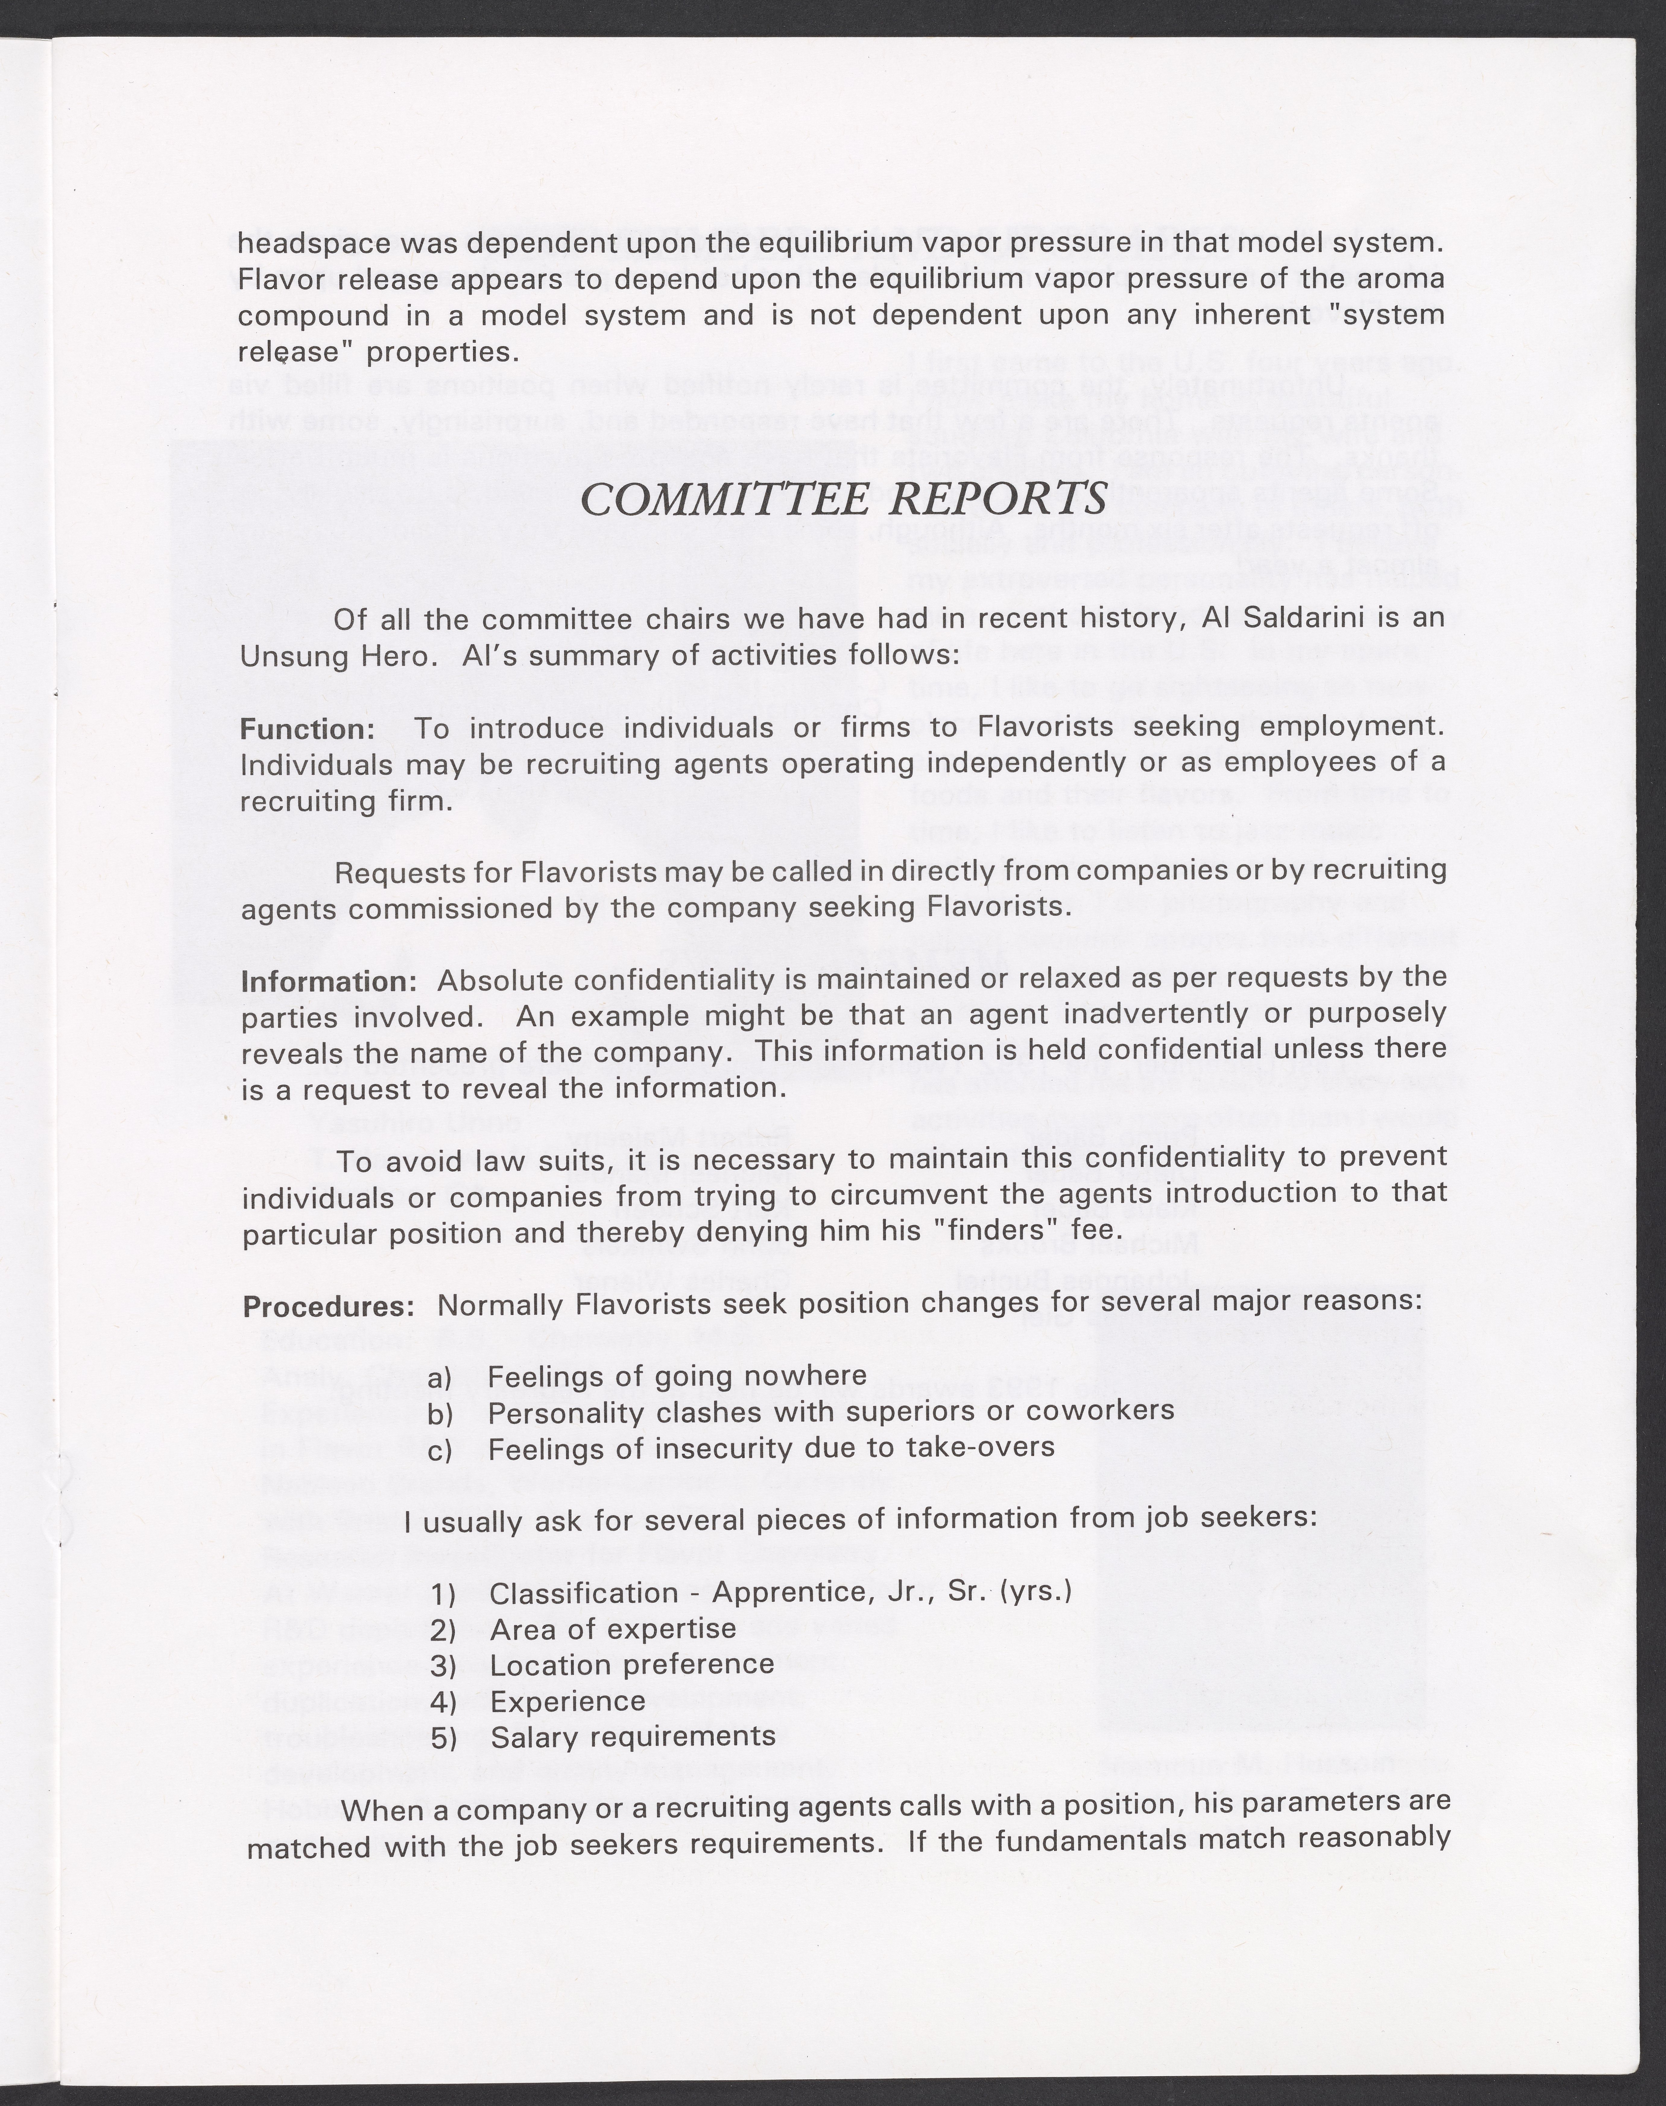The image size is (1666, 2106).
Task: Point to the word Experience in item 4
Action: [x=568, y=1701]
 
